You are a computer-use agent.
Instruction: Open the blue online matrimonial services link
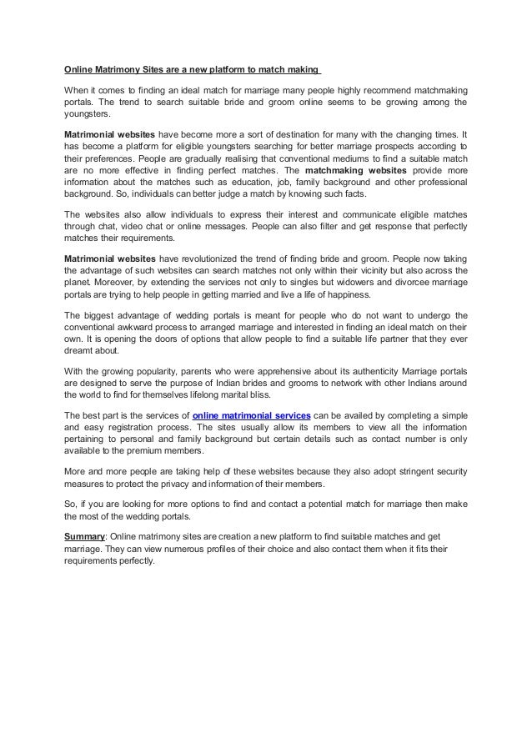click(x=252, y=414)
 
